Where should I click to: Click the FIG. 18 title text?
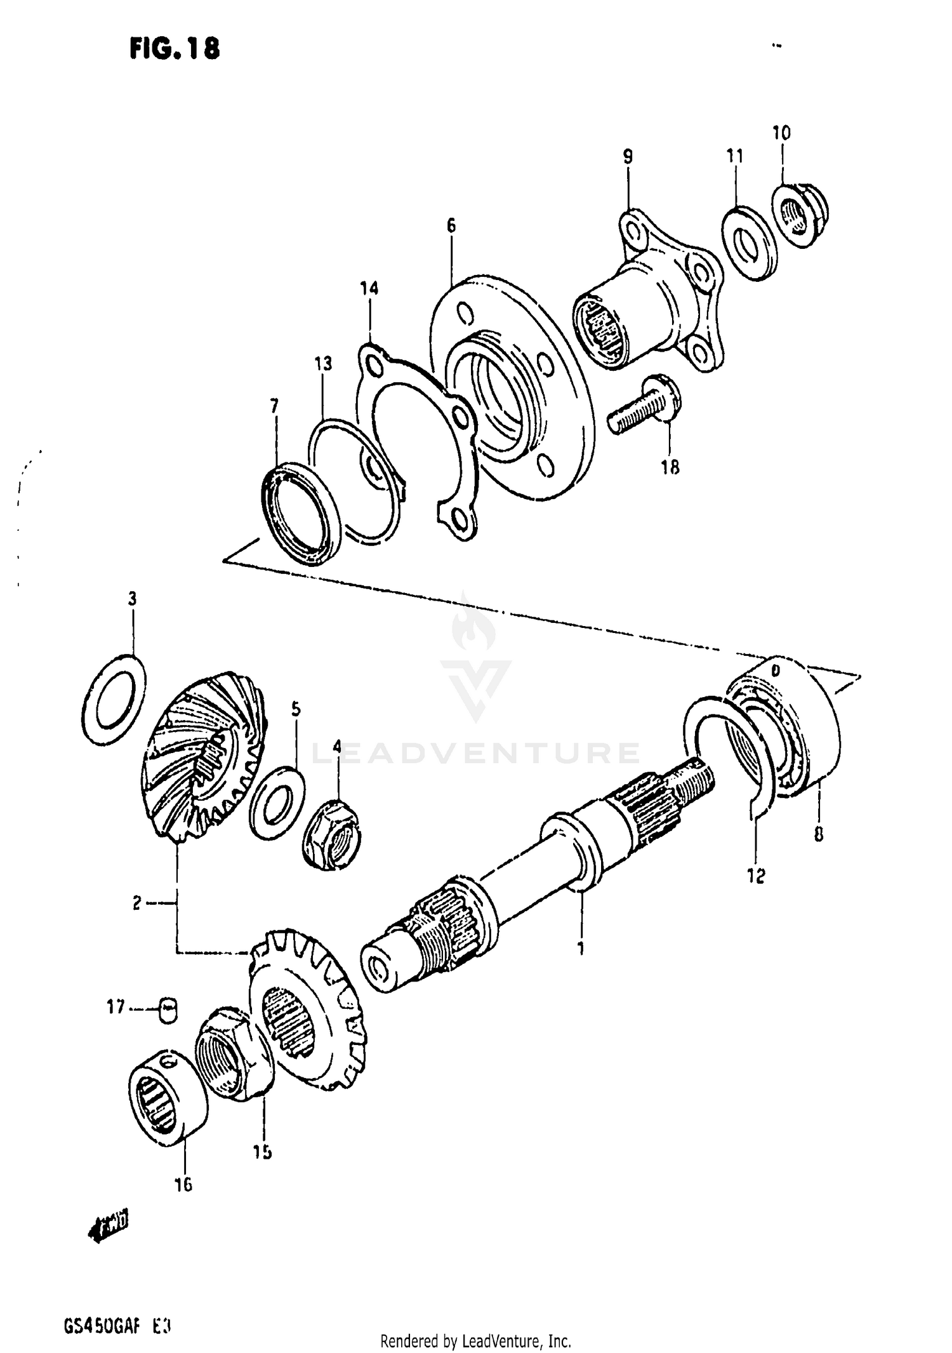coord(175,48)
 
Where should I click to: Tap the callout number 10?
coord(781,133)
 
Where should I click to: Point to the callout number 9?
coord(628,156)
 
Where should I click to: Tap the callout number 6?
coord(451,225)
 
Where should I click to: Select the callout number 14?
coord(369,289)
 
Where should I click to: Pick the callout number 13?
coord(323,364)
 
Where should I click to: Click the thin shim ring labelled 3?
coord(114,699)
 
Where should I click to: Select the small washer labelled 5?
coord(277,803)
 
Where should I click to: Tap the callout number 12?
coord(756,876)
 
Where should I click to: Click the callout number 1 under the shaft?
coord(580,949)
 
